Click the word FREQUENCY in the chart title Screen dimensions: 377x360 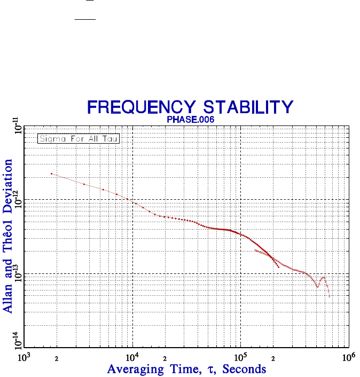pos(136,107)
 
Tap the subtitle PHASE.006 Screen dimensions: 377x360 pos(191,120)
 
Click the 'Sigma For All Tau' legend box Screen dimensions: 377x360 pos(78,139)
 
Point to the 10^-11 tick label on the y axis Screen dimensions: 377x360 pos(19,129)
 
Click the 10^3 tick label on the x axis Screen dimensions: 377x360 pos(24,357)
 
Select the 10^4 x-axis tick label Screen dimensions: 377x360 pos(132,357)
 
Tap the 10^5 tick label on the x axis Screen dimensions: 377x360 pos(240,357)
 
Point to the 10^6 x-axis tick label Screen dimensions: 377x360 pos(348,357)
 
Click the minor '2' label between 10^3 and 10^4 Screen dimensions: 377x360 pos(57,359)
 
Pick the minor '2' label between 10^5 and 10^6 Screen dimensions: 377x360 pos(273,359)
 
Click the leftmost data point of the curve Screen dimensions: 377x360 pos(51,174)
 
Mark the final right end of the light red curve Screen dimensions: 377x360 pos(330,297)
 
